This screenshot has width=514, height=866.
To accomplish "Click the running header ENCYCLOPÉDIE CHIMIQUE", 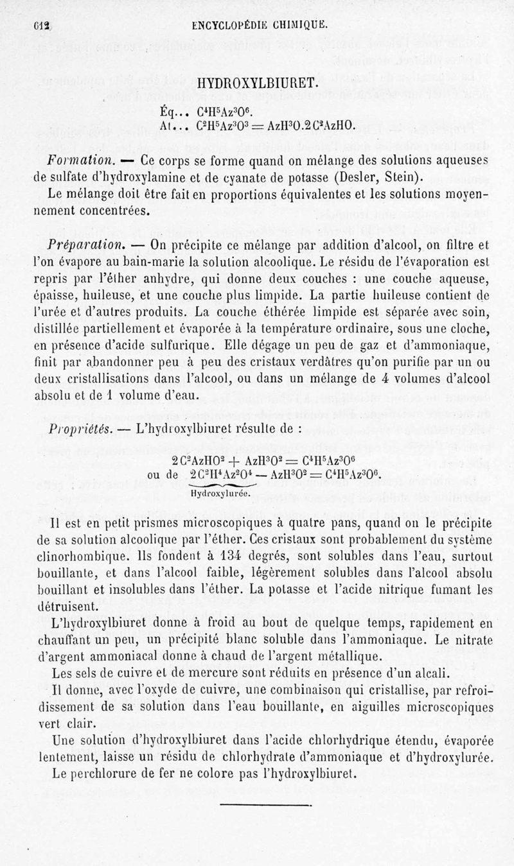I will pos(260,26).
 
